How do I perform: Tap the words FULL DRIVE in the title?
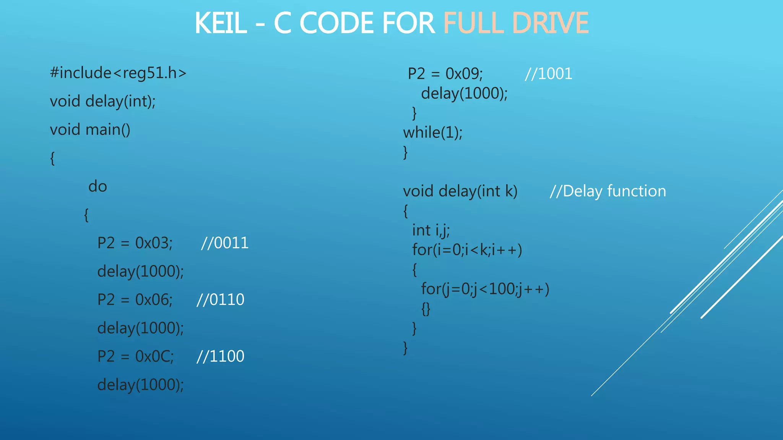[x=516, y=23]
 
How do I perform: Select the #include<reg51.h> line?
[x=118, y=73]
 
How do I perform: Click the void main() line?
[x=90, y=129]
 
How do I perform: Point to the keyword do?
[x=97, y=186]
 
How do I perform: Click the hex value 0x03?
[x=154, y=243]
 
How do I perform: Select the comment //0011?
[x=225, y=243]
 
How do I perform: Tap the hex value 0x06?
[x=154, y=299]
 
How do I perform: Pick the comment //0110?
[x=220, y=299]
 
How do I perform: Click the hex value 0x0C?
[x=154, y=356]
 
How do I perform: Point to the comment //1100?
[x=220, y=356]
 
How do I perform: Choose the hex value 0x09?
[x=464, y=73]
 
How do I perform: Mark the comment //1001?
[x=548, y=73]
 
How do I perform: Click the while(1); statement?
[x=433, y=133]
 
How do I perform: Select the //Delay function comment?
[x=608, y=191]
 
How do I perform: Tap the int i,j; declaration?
[x=431, y=230]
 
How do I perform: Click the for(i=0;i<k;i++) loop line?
[x=467, y=250]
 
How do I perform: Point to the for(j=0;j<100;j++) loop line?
[x=485, y=289]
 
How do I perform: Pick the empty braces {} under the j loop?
[x=426, y=309]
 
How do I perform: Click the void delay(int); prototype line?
[x=103, y=101]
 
